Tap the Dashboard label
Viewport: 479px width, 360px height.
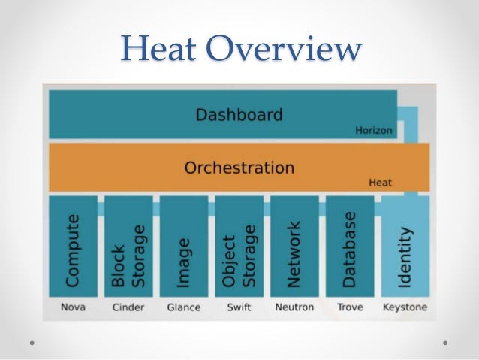239,115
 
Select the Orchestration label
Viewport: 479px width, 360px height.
239,167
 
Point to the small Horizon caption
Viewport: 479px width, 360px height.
373,130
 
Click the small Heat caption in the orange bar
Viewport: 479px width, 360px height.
380,182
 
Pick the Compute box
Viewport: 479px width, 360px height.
73,247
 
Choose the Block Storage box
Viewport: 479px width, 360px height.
128,247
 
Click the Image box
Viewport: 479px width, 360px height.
184,247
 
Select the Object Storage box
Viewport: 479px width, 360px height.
239,247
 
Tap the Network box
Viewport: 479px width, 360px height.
294,247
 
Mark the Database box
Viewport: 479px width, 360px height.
350,247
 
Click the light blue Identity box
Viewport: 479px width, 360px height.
405,247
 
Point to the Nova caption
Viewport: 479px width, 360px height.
73,307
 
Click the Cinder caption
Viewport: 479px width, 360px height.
128,307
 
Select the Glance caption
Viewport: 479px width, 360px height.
184,307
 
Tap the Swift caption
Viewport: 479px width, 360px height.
239,307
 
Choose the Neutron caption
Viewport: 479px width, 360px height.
294,307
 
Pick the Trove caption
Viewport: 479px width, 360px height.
350,307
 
